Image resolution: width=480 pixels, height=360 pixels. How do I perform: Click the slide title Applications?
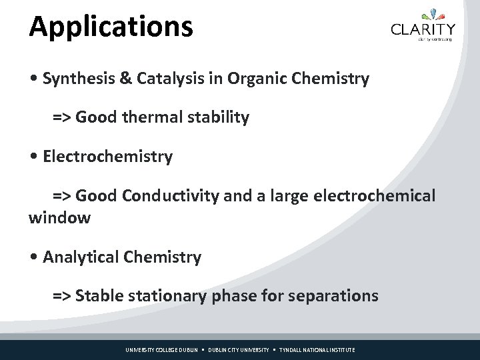pyautogui.click(x=111, y=27)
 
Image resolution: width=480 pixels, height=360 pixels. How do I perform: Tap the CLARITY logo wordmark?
pyautogui.click(x=423, y=29)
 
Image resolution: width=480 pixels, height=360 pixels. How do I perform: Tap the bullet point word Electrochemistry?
pyautogui.click(x=107, y=157)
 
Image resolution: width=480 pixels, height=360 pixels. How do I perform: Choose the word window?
pyautogui.click(x=59, y=218)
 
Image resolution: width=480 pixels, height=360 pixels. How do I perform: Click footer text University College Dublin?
pyautogui.click(x=162, y=350)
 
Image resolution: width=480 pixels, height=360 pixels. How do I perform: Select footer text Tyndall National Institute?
pyautogui.click(x=317, y=350)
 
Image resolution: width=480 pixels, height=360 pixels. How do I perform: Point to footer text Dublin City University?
pyautogui.click(x=239, y=350)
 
